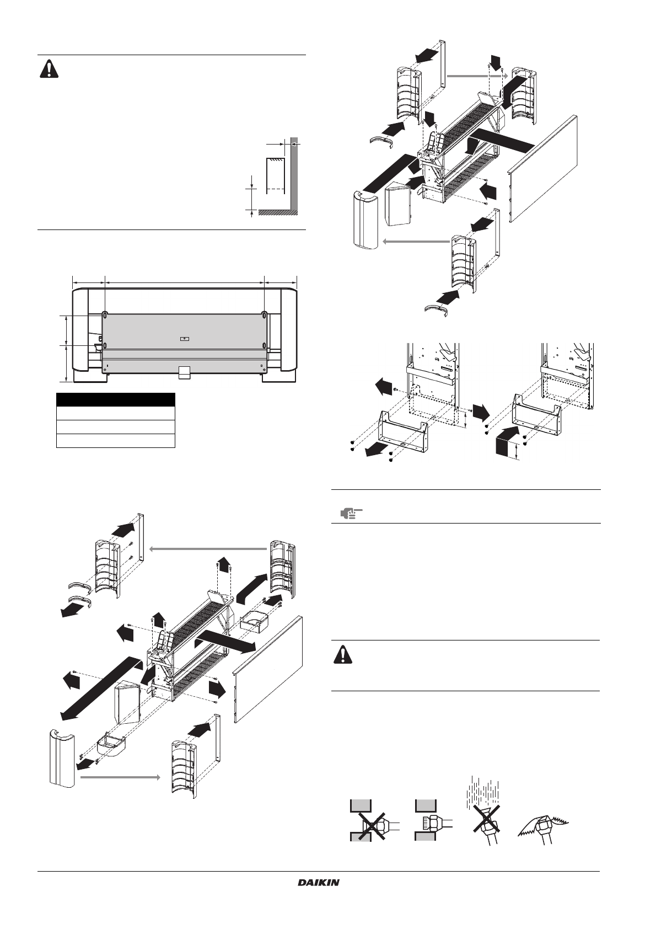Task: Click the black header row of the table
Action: tap(116, 400)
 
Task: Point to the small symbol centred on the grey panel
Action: tap(185, 339)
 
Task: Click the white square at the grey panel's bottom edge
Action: tap(185, 372)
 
